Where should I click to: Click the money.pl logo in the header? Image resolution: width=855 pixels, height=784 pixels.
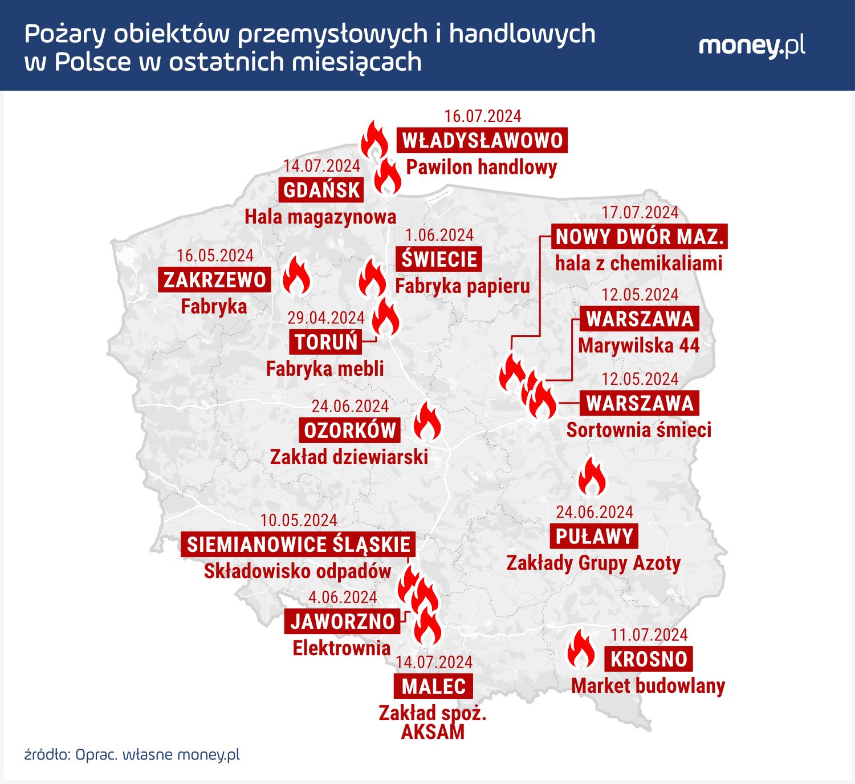pos(751,46)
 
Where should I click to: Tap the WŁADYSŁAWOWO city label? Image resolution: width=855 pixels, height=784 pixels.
pos(482,140)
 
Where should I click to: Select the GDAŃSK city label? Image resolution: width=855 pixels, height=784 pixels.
pos(321,190)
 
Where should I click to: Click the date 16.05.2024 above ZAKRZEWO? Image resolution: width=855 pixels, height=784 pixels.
pos(215,255)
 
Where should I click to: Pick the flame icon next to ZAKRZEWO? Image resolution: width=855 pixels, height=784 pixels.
pos(296,275)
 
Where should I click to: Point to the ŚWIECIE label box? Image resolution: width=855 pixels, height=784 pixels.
pos(439,259)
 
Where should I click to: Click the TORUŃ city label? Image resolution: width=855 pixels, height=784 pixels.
pos(325,342)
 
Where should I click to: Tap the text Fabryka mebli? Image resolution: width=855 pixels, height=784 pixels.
pos(325,368)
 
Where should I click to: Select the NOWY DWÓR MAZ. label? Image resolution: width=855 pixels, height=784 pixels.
pos(640,237)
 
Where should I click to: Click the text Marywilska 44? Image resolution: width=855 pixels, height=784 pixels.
pos(638,346)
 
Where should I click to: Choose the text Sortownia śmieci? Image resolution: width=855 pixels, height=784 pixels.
pos(638,429)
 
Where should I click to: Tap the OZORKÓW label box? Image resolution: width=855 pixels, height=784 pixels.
pos(349,430)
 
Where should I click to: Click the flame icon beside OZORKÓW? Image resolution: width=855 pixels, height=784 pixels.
pos(427,422)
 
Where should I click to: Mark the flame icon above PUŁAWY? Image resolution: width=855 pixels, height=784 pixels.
pos(592,477)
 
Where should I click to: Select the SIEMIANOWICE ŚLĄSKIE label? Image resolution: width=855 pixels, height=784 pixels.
pos(298,545)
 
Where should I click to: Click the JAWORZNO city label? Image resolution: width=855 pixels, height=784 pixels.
pos(342,621)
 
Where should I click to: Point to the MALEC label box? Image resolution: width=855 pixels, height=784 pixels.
pos(433,686)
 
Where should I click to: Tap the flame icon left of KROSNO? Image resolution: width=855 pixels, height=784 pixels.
pos(581,649)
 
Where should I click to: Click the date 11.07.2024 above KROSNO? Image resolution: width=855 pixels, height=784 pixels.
pos(649,635)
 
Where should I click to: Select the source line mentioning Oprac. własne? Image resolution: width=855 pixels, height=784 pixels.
pos(132,754)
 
